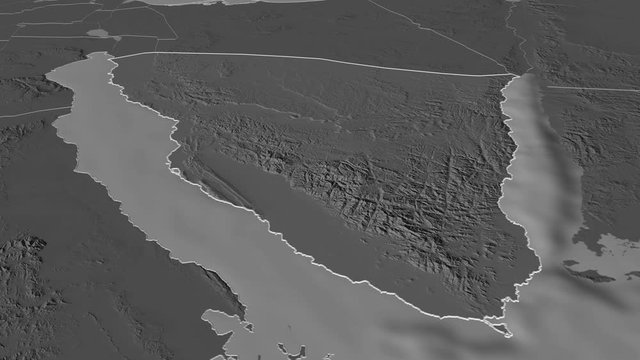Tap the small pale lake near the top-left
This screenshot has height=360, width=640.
[x=99, y=33]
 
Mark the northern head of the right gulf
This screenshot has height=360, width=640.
[x=520, y=78]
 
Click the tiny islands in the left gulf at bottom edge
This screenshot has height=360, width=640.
[x=285, y=350]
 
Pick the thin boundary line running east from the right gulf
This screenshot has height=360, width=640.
[x=590, y=89]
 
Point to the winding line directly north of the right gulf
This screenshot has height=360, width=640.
[x=518, y=35]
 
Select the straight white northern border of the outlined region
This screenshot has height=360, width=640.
[x=300, y=61]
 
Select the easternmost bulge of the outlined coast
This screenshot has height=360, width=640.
[x=539, y=262]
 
